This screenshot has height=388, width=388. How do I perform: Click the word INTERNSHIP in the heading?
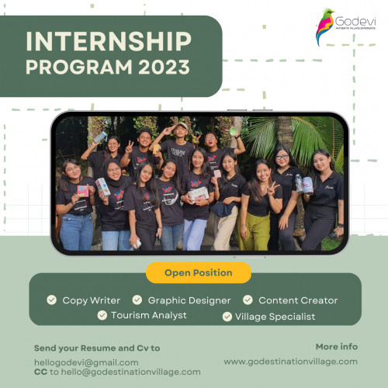click(108, 40)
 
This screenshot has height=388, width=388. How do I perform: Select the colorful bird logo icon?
click(325, 27)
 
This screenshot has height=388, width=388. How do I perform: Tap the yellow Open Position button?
click(199, 273)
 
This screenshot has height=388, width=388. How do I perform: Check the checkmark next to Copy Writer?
click(52, 300)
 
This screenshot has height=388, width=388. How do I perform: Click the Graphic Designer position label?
click(189, 300)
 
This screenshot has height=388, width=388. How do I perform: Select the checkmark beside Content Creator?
click(248, 300)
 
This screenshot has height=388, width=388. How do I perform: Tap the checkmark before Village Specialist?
click(227, 316)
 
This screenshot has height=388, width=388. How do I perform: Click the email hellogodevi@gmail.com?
click(86, 362)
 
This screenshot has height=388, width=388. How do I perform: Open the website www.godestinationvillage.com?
click(290, 362)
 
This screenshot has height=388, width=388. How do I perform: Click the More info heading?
click(336, 346)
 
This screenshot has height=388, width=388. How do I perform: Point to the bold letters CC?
click(40, 372)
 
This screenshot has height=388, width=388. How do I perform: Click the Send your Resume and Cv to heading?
click(97, 348)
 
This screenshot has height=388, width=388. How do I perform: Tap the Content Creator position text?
click(298, 300)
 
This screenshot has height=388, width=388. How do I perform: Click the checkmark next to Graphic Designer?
click(137, 300)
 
